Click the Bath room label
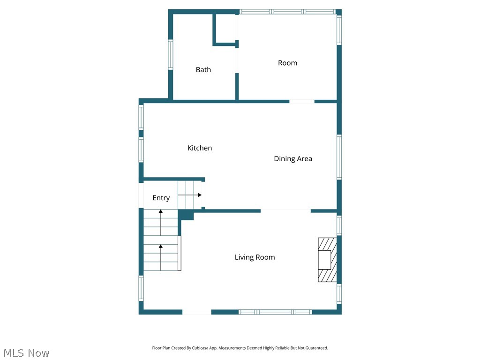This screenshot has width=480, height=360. [x=203, y=70]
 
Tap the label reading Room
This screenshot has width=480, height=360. [x=287, y=63]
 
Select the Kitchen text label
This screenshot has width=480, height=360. [x=200, y=148]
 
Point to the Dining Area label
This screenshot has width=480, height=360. [x=293, y=159]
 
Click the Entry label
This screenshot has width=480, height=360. [x=161, y=198]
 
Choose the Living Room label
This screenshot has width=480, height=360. [x=255, y=257]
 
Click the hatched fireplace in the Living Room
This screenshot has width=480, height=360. [x=327, y=260]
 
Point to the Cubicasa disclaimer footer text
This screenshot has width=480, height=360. [x=240, y=348]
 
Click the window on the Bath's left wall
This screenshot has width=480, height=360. [x=171, y=55]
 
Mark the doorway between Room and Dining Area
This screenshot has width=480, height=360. [x=301, y=101]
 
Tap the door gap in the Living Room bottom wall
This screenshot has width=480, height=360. [x=196, y=312]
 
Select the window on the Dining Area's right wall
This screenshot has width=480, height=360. [x=339, y=157]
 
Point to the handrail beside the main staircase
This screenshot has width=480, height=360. [x=180, y=253]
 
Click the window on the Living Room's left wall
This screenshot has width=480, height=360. [x=141, y=288]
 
